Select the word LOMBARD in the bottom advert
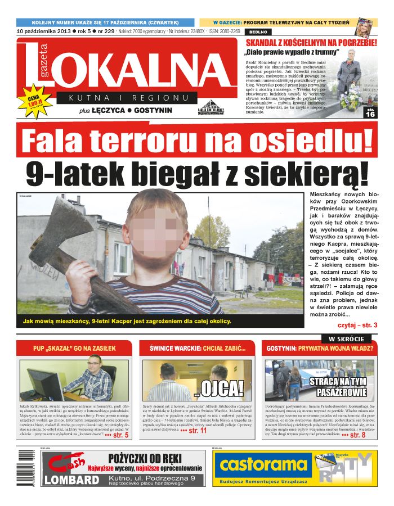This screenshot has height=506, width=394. click(71, 480)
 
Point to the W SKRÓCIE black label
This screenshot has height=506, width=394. click(346, 338)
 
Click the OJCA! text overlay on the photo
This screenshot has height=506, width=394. click(220, 387)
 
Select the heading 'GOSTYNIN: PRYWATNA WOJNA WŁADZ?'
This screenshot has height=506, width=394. click(320, 349)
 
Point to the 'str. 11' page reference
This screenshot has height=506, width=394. click(193, 431)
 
